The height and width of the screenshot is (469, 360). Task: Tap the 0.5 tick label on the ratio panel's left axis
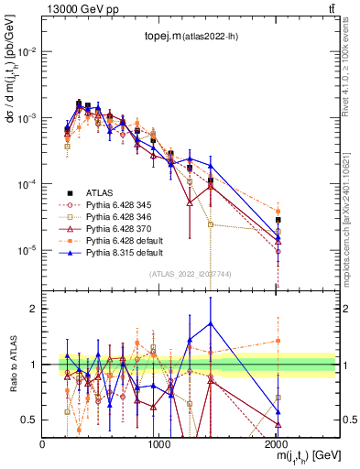30,420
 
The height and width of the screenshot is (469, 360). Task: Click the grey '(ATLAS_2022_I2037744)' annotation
190,273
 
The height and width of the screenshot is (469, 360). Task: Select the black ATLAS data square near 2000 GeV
278,220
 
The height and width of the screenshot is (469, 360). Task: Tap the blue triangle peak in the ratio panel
211,322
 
